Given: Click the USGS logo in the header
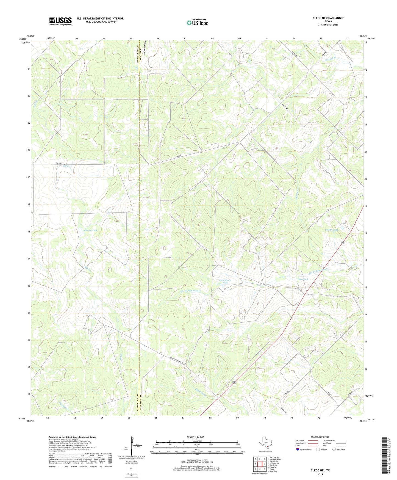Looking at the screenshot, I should tap(60, 21).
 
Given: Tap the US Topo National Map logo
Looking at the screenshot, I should tap(197, 23).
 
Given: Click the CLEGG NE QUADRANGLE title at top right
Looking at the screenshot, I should tap(328, 18).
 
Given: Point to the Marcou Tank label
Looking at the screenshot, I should tap(90, 230).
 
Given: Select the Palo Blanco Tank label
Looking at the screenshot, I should tap(225, 282).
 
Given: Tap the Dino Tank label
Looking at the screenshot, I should tap(303, 279).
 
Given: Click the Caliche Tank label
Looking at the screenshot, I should tap(332, 230).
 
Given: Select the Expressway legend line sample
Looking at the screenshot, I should tap(314, 440).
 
